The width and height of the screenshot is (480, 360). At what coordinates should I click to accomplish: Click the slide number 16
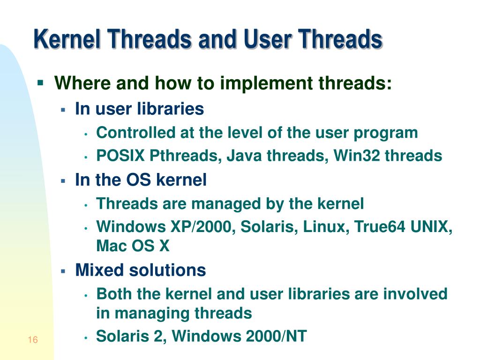32,340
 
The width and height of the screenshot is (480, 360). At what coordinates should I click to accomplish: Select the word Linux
325,227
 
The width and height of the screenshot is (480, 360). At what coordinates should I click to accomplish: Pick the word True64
380,227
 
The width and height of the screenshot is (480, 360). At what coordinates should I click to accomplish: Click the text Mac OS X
133,246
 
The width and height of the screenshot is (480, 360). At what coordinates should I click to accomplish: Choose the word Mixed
98,270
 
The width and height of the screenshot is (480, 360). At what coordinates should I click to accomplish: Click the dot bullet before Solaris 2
86,337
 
